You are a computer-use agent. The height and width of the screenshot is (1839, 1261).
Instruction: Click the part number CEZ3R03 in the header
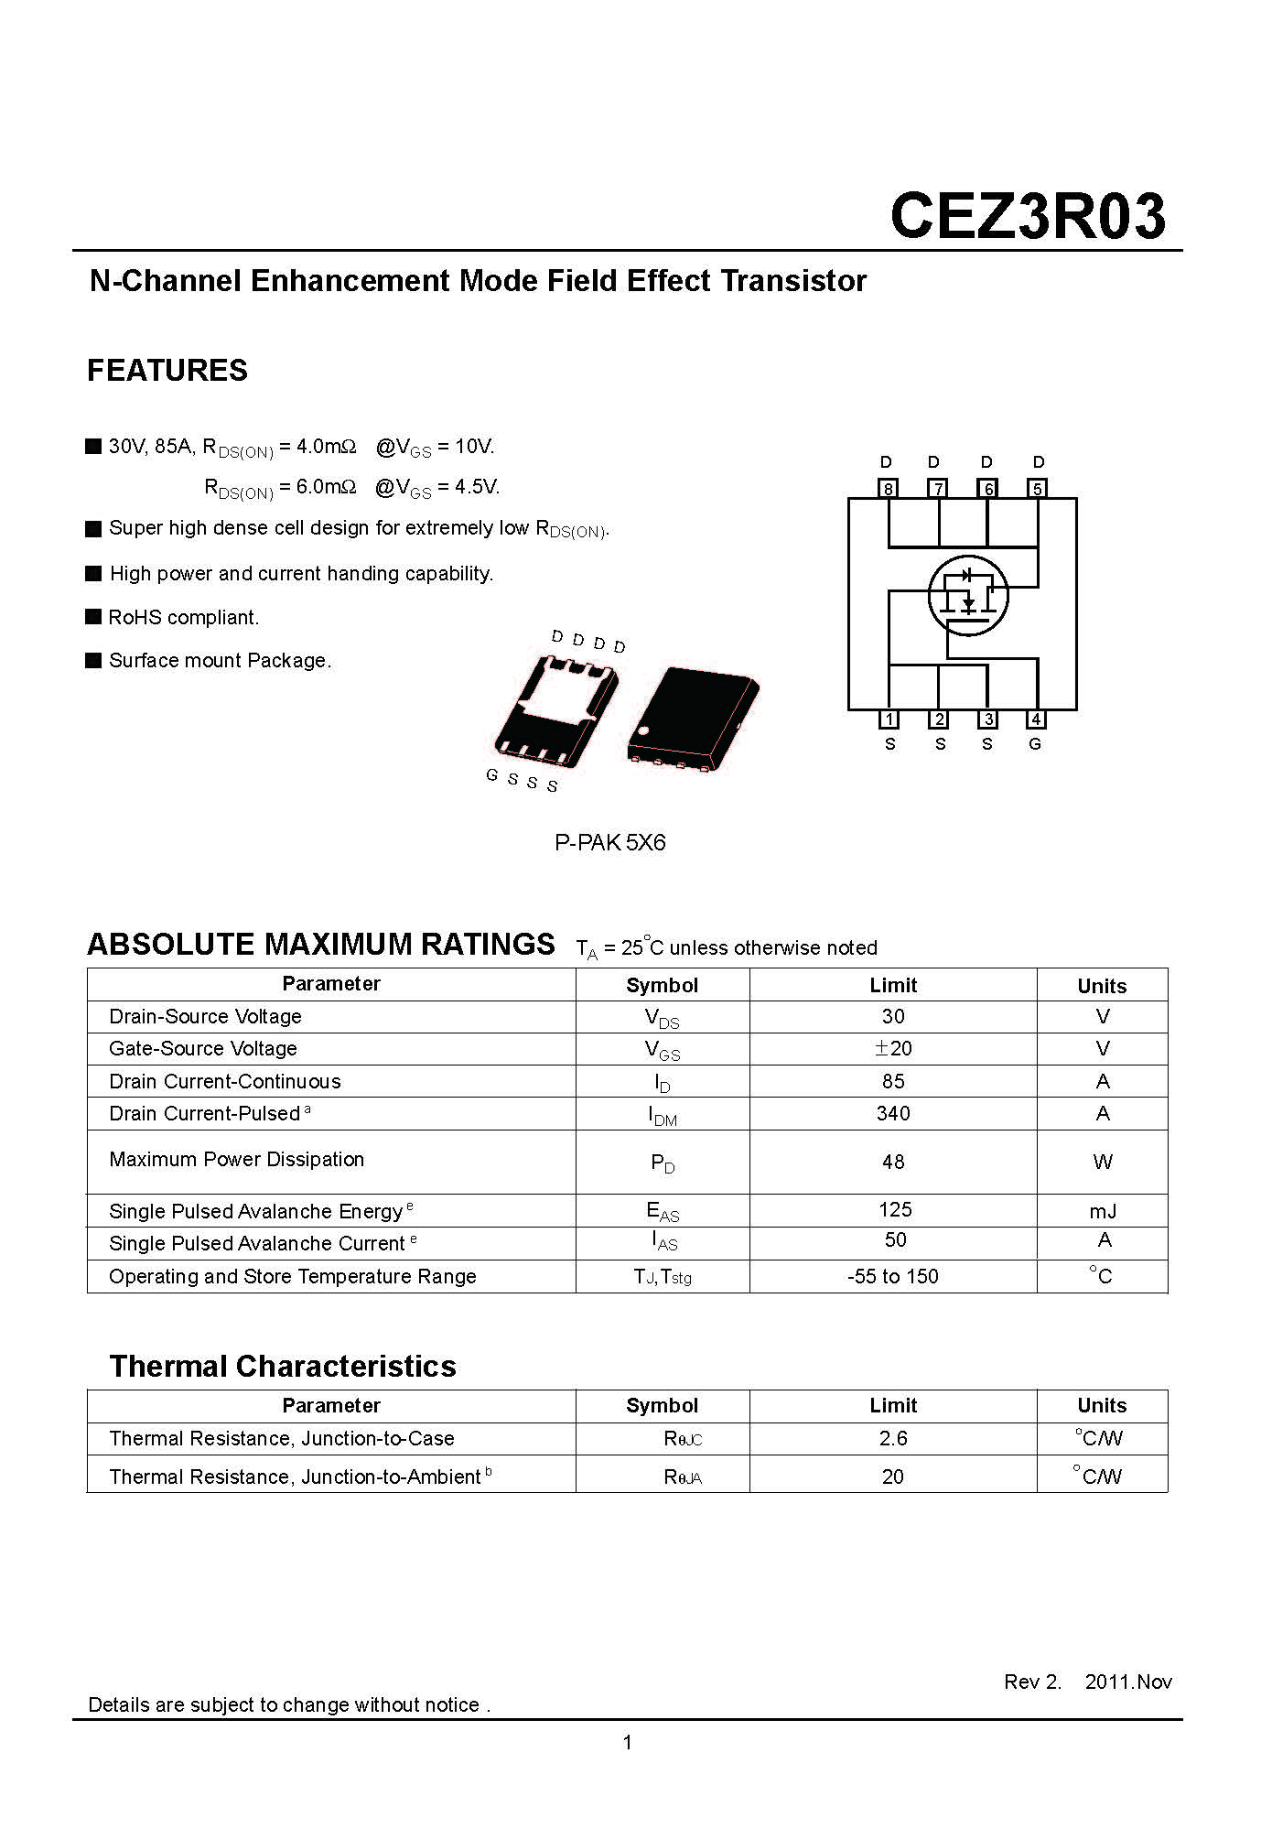[x=1027, y=217]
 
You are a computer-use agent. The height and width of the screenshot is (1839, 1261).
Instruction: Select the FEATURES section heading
[x=167, y=371]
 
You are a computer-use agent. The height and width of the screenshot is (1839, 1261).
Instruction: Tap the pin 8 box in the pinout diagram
[x=888, y=489]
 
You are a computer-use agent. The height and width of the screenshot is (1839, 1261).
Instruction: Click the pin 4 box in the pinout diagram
[x=1036, y=719]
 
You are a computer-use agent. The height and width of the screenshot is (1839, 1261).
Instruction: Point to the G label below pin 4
[x=1035, y=744]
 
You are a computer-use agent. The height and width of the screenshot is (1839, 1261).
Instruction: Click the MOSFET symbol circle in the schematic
[x=967, y=596]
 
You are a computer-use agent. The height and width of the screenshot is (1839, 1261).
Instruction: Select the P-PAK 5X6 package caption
[x=609, y=842]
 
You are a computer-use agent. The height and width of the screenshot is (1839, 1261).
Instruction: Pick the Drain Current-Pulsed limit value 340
[x=892, y=1114]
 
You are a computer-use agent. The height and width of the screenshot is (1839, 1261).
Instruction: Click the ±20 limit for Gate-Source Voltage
[x=892, y=1049]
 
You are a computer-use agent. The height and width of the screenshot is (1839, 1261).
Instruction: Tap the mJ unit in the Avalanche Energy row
[x=1103, y=1212]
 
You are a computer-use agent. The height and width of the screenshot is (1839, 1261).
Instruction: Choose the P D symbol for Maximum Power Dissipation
[x=663, y=1163]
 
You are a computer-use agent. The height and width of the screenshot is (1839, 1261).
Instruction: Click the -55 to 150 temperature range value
[x=892, y=1277]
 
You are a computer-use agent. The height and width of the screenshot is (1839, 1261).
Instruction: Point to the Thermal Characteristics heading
[x=283, y=1367]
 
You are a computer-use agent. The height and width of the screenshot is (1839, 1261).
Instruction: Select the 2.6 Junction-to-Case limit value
[x=892, y=1439]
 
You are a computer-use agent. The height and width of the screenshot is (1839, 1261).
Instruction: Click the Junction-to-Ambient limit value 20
[x=892, y=1477]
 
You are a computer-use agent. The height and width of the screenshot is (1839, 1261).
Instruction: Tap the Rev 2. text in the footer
[x=1032, y=1682]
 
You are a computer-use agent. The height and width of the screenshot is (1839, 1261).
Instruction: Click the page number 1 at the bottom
[x=628, y=1743]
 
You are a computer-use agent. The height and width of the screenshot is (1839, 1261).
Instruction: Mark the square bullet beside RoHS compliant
[x=93, y=617]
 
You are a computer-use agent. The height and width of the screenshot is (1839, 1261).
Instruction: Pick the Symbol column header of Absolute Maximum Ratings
[x=662, y=986]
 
